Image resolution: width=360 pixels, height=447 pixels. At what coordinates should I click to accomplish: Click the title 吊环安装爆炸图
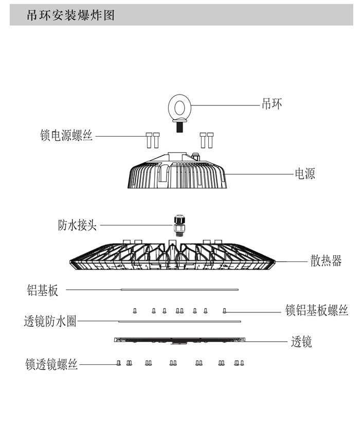click(70, 15)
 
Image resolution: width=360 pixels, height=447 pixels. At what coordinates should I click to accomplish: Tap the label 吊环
click(272, 104)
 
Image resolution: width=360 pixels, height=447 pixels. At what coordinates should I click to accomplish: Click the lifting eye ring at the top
click(180, 108)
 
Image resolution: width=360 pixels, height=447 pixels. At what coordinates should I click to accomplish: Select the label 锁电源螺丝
click(66, 136)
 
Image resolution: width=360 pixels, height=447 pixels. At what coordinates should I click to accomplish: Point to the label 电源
click(304, 174)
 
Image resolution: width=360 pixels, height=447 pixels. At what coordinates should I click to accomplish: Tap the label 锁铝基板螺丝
click(317, 310)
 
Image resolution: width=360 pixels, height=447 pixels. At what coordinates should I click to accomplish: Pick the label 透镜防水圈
click(50, 322)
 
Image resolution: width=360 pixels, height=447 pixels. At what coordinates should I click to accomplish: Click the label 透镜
click(301, 341)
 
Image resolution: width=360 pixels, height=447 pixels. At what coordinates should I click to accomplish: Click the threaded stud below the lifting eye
click(180, 126)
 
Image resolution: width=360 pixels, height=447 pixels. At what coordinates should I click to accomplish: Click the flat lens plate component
click(180, 340)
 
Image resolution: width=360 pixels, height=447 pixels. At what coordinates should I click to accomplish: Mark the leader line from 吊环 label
click(226, 105)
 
